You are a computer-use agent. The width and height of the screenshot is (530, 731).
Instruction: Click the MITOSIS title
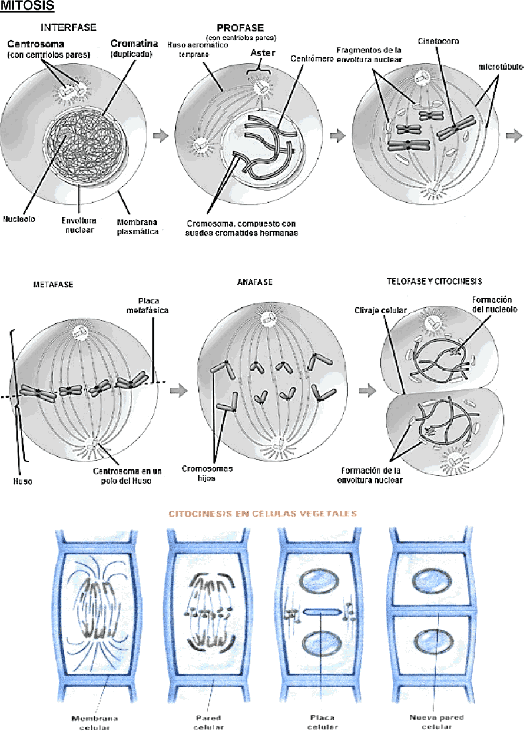27,5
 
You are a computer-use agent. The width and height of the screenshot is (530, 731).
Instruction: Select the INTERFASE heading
68,27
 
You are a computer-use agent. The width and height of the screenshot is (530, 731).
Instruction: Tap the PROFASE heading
240,28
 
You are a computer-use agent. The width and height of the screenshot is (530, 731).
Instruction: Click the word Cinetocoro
438,41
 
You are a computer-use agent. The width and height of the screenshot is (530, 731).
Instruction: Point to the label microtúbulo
501,67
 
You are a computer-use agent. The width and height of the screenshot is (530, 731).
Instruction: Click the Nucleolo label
19,219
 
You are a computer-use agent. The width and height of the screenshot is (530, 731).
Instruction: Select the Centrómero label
312,58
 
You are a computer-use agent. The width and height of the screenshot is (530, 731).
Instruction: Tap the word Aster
263,52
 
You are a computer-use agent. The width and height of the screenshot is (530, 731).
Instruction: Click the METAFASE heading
53,285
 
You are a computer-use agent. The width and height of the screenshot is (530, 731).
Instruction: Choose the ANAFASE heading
255,282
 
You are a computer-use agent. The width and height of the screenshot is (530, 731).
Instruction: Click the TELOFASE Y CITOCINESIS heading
435,282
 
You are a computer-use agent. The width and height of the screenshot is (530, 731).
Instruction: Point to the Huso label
23,481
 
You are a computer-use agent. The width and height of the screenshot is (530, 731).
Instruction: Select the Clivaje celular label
380,310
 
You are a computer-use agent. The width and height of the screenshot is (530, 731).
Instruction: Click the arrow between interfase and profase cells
161,135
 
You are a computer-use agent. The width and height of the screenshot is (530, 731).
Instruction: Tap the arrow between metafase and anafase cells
179,391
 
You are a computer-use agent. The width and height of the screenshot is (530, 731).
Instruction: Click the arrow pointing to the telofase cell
368,391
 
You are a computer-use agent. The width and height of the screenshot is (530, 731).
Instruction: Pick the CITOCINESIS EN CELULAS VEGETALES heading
263,513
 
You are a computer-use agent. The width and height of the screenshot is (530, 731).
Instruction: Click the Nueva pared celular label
437,722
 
